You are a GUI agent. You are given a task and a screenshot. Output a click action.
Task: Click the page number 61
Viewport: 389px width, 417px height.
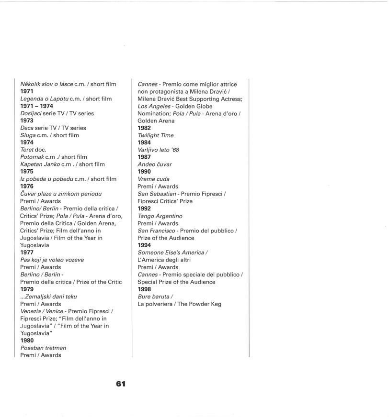120,384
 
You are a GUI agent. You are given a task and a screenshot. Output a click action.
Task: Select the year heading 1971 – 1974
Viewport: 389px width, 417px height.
36,106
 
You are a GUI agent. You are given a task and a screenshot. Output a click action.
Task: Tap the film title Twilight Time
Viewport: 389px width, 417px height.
155,135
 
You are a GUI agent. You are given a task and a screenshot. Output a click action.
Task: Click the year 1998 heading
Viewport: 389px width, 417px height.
144,289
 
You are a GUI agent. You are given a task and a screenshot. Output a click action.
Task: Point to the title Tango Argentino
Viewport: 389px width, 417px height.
160,216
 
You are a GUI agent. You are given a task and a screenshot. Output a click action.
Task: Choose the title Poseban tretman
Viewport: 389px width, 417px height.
43,348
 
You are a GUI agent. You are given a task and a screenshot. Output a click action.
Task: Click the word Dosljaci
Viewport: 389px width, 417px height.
30,113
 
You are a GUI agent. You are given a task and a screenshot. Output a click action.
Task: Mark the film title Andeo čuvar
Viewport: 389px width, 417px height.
154,165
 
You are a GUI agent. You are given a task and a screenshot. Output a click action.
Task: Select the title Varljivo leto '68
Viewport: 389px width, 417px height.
158,150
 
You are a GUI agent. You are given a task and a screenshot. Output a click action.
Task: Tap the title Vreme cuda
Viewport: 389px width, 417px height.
153,179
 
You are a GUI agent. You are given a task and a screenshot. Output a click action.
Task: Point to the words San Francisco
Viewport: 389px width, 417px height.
156,230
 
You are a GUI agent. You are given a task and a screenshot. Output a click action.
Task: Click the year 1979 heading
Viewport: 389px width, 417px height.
27,289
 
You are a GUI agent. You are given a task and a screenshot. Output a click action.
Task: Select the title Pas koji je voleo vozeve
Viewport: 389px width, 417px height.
52,260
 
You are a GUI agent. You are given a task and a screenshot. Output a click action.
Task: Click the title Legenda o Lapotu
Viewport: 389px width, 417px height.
44,99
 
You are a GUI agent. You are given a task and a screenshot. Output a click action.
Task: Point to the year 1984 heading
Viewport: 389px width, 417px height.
144,143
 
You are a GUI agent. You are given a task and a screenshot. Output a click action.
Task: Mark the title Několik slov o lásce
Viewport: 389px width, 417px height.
46,84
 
